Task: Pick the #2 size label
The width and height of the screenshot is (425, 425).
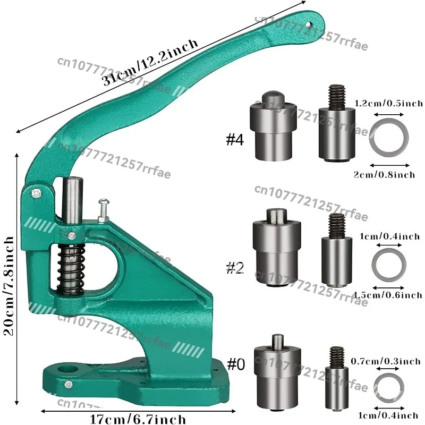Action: coord(235,268)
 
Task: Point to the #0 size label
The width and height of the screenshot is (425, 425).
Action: coord(236,365)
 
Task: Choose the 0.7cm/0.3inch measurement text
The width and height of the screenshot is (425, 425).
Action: coord(386,361)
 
